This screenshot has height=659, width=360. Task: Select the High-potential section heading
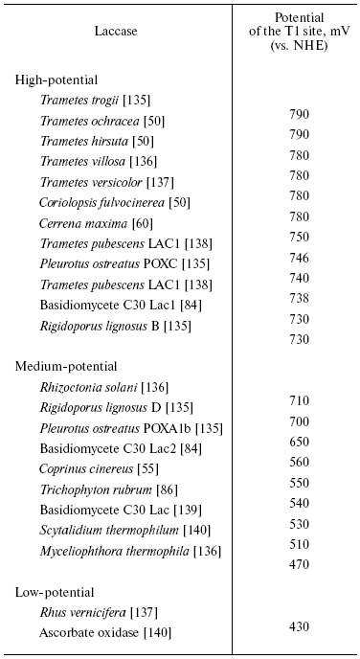[56, 80]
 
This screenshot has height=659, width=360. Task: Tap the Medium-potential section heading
[66, 366]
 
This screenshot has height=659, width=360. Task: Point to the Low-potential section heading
[54, 592]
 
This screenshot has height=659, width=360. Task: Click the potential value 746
[299, 258]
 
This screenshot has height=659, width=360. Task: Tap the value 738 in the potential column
[299, 299]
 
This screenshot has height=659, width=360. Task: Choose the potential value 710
[299, 400]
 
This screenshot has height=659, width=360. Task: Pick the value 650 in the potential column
[299, 442]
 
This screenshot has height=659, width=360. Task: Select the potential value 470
[299, 565]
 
